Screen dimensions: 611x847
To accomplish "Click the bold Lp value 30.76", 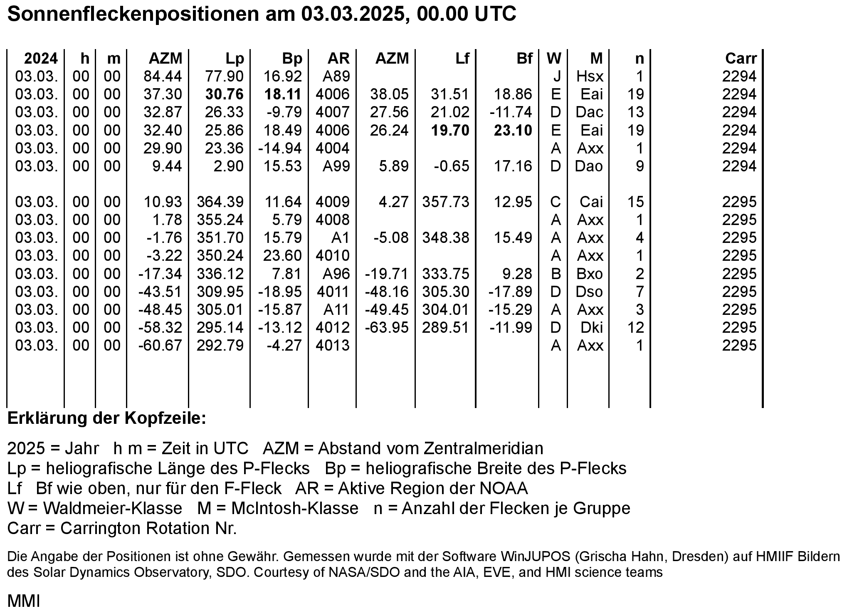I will point(224,94).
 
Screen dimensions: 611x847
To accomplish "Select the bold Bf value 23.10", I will point(513,131).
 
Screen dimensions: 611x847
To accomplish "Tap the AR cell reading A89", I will point(336,77).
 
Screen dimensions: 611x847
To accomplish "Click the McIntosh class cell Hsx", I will point(590,77).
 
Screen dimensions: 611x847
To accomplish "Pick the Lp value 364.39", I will point(220,202).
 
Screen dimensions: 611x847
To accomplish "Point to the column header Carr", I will point(741,59).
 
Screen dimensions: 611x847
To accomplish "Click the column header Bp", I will point(292,59).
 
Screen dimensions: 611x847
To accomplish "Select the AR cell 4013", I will point(332,346).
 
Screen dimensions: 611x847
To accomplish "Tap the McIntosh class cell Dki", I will point(592,328).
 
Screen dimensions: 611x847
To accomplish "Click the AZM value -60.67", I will point(161,346).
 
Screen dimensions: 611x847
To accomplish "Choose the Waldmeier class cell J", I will point(557,77).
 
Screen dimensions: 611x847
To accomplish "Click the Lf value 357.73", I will point(446,202).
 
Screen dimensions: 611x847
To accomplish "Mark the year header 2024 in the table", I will point(41,59).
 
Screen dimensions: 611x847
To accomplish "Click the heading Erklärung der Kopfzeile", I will point(106,418).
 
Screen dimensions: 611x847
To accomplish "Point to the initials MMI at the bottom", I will point(24,601).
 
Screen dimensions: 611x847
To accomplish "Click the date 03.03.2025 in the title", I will point(353,14).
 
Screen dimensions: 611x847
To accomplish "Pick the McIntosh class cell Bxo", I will point(590,274).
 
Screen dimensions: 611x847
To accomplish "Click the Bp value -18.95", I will point(280,292).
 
